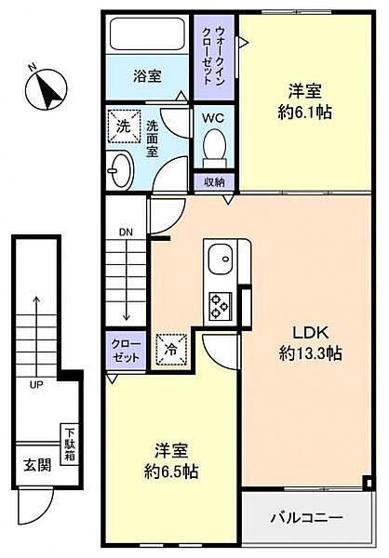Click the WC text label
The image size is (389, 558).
pyautogui.click(x=212, y=119)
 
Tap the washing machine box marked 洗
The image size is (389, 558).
pyautogui.click(x=122, y=125)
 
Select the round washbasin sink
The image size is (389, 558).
pyautogui.click(x=119, y=168)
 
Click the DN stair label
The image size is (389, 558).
pyautogui.click(x=126, y=232)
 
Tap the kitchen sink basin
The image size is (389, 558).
pyautogui.click(x=222, y=260)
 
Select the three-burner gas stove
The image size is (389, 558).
pyautogui.click(x=222, y=305)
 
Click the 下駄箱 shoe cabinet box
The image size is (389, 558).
pyautogui.click(x=70, y=436)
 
